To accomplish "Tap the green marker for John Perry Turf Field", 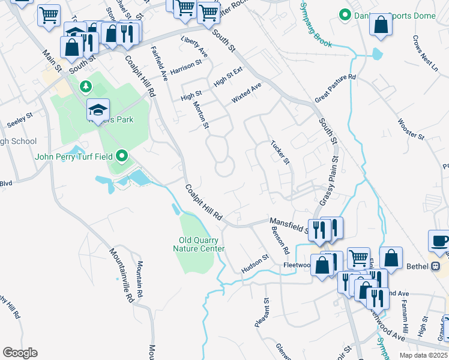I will [x=123, y=157].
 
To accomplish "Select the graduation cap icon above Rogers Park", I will [x=98, y=109].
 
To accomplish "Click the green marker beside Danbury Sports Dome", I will [x=345, y=14].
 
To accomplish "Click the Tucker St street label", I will [x=280, y=153].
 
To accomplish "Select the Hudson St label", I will [x=255, y=262].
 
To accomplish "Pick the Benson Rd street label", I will [x=280, y=241].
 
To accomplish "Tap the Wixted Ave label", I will [x=247, y=94].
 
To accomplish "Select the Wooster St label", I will [x=411, y=129].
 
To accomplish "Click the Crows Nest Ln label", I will [x=424, y=53].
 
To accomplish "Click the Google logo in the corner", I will [x=20, y=352].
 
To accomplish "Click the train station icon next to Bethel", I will [x=436, y=266].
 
